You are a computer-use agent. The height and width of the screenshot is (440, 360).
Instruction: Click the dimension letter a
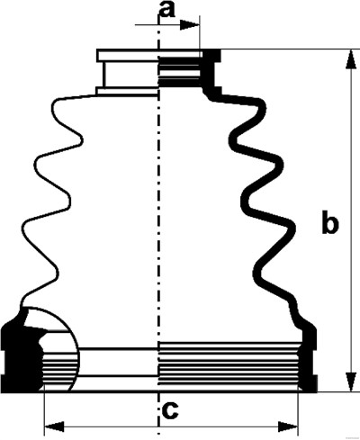[x=167, y=10]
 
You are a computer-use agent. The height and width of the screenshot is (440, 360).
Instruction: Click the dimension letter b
[x=330, y=222]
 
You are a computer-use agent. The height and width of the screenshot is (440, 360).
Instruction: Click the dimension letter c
[x=170, y=410]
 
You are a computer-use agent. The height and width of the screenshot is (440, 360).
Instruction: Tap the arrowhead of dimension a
[x=190, y=25]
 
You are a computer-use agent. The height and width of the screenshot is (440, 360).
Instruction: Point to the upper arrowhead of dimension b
[x=349, y=60]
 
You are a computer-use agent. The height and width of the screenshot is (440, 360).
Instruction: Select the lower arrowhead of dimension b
[x=349, y=382]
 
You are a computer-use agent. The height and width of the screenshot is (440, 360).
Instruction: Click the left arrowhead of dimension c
[x=54, y=427]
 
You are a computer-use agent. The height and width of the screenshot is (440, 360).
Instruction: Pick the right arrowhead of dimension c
[x=288, y=427]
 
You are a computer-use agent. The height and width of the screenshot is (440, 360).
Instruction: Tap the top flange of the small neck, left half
[x=127, y=56]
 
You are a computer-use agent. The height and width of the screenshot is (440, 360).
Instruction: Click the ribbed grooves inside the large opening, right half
[x=229, y=364]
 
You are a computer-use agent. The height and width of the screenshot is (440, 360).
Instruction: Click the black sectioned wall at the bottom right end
[x=309, y=360]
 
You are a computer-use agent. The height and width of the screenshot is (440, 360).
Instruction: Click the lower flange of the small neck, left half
[x=127, y=91]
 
